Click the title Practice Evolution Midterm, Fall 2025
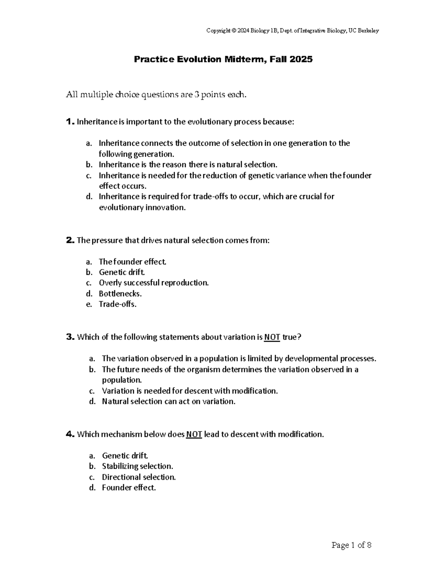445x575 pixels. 223,59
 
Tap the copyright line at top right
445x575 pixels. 293,31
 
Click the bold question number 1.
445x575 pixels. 70,122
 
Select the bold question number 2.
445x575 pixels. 70,240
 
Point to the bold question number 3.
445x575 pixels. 70,337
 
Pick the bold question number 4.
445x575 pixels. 70,434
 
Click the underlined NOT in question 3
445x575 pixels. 272,337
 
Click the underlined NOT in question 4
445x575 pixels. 194,435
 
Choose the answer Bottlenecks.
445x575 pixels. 120,294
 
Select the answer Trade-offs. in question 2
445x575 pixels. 118,304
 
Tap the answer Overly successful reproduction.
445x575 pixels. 154,283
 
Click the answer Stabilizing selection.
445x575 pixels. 137,466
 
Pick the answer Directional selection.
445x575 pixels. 139,477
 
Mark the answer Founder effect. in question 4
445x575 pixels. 129,488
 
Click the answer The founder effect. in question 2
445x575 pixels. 132,262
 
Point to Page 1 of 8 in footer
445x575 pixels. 351,545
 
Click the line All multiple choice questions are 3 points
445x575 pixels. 156,95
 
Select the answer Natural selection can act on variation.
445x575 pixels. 168,401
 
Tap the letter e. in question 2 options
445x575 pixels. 89,304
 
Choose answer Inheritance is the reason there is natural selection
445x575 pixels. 188,164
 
